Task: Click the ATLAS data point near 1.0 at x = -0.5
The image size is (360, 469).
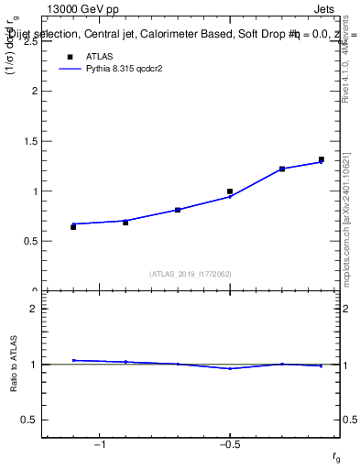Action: click(230, 191)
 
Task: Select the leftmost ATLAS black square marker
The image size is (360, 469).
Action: click(73, 226)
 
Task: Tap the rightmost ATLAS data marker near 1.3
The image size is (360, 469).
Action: click(322, 159)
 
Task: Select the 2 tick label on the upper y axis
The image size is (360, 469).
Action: click(32, 92)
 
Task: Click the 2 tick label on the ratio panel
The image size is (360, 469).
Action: click(32, 309)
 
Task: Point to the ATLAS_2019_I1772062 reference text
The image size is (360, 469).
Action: click(190, 273)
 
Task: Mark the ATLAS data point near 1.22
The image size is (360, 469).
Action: click(282, 169)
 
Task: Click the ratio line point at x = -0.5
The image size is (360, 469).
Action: click(230, 368)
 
